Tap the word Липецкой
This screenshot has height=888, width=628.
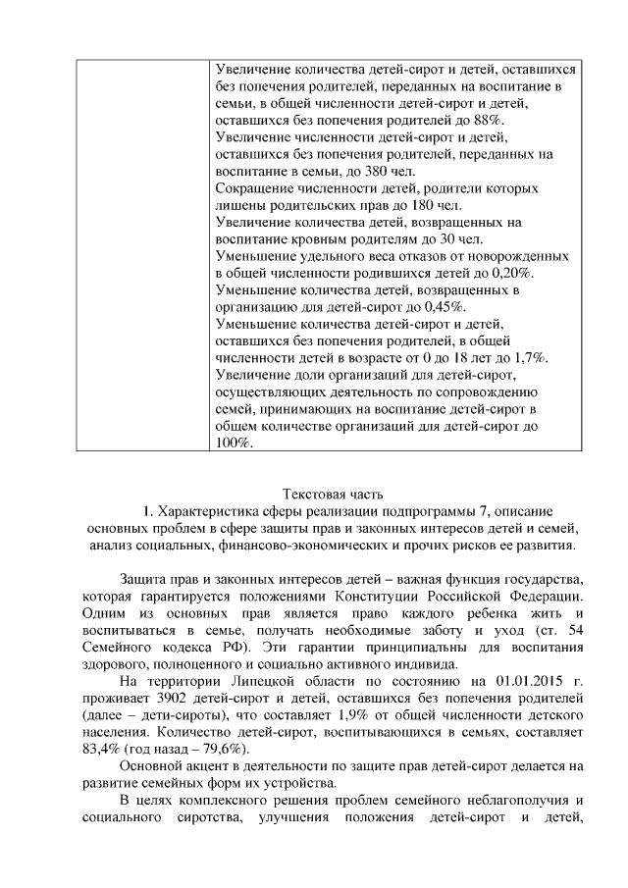coord(247,678)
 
